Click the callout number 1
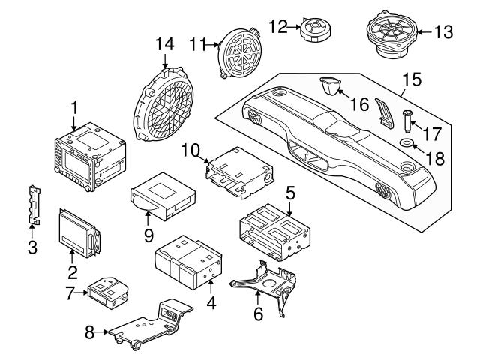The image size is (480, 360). tap(74, 108)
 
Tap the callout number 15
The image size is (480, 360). tap(410, 77)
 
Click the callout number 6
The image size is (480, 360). tap(257, 315)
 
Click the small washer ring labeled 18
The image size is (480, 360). tap(405, 142)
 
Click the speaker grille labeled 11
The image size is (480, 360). tap(240, 52)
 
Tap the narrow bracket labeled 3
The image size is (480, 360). tap(33, 204)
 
